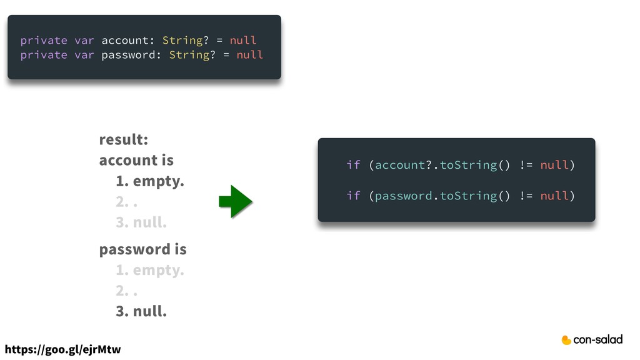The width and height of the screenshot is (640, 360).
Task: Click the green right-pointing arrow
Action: [x=236, y=201]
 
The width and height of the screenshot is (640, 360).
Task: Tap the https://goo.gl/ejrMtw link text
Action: [x=62, y=349]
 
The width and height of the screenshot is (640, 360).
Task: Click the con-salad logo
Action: [x=592, y=339]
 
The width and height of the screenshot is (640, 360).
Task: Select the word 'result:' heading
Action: [x=123, y=139]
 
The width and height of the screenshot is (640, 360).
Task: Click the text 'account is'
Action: [x=136, y=160]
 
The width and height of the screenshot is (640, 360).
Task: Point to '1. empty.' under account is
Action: [x=150, y=182]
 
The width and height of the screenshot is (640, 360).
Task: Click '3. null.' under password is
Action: [x=141, y=311]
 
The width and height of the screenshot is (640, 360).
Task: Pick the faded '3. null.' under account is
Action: [x=141, y=222]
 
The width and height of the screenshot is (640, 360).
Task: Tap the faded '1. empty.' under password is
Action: [x=150, y=271]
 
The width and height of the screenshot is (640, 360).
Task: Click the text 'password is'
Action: [x=142, y=249]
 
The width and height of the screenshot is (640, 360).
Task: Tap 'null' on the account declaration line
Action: [x=243, y=40]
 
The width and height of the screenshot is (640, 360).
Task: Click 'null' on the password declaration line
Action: [x=250, y=55]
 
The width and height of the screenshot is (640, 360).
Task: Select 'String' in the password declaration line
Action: [x=189, y=55]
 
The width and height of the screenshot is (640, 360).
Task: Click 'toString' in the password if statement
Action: [x=469, y=196]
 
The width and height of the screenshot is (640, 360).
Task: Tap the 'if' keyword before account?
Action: [x=353, y=165]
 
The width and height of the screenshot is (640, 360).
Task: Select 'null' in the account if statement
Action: [x=554, y=165]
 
